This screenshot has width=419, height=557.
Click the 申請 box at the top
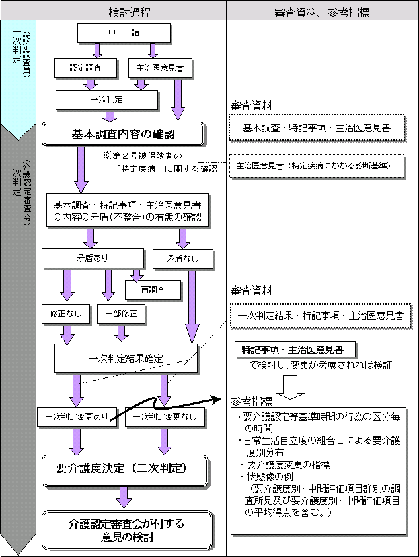(x=124, y=32)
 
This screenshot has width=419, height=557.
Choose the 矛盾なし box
(x=184, y=258)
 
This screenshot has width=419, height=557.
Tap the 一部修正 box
(x=121, y=314)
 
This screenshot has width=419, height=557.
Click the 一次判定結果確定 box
(x=126, y=359)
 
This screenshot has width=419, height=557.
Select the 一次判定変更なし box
(x=165, y=417)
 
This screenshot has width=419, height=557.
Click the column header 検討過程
(x=130, y=11)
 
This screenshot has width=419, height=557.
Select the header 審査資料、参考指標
(x=321, y=11)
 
